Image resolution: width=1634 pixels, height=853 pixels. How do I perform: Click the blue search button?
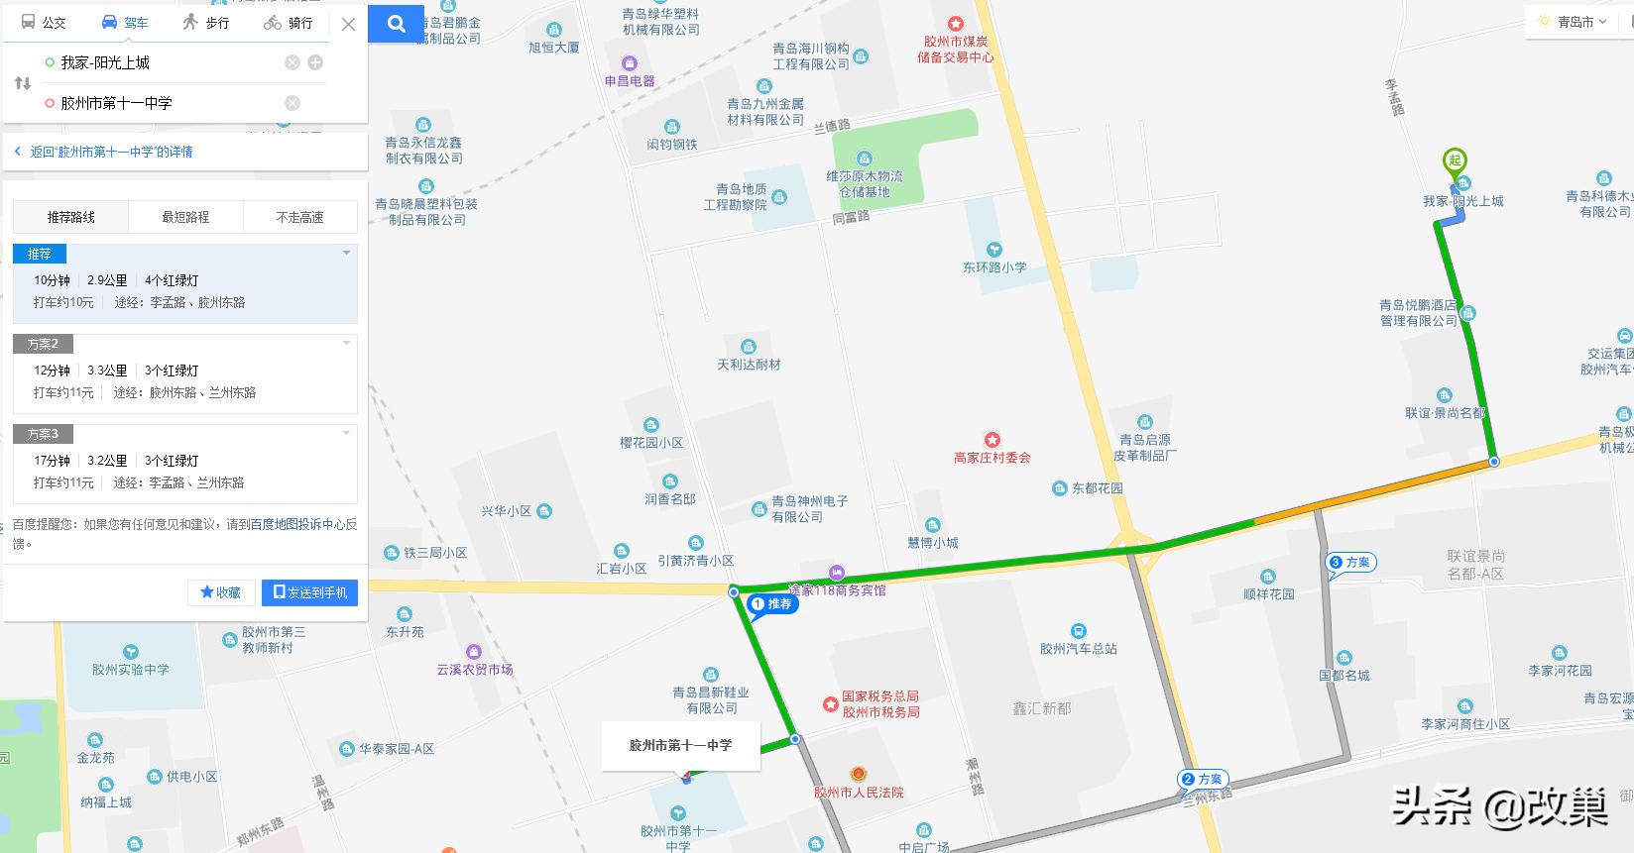[397, 25]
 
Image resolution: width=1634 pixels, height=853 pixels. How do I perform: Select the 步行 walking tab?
[206, 23]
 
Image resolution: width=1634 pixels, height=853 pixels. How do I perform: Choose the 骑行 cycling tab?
[289, 23]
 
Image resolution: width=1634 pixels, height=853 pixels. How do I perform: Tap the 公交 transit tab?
[44, 23]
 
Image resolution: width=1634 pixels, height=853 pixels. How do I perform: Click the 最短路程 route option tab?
[185, 217]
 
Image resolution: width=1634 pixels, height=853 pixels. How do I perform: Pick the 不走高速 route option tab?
[299, 217]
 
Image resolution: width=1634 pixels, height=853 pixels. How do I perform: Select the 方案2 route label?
[43, 344]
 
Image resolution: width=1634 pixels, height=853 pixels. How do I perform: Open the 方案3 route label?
[43, 434]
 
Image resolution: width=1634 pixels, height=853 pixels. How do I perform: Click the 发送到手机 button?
[309, 592]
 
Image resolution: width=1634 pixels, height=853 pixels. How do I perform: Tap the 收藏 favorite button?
[221, 592]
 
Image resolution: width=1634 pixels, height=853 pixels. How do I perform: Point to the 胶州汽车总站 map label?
[1079, 649]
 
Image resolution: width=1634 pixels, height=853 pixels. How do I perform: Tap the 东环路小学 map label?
[994, 267]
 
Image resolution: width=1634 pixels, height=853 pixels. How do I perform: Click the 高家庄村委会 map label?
[992, 457]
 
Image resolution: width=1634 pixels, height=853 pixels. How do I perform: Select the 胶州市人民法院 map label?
[859, 792]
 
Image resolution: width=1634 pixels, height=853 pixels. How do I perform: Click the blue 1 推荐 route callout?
[773, 604]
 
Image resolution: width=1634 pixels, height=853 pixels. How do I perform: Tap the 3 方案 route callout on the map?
[1351, 563]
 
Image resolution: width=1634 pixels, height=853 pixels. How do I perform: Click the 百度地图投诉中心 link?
[297, 525]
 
